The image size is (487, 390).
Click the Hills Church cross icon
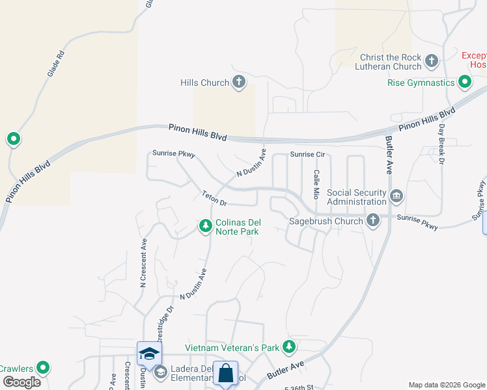tap(239, 83)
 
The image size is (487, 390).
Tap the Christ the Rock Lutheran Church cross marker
tap(431, 62)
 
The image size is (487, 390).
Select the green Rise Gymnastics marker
tap(464, 83)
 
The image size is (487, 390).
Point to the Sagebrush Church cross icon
tap(372, 221)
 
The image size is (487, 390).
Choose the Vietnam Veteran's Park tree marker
tap(290, 348)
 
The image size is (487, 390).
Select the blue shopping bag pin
tap(225, 374)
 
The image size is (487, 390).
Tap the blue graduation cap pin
tap(149, 354)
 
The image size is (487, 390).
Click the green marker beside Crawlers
tap(43, 369)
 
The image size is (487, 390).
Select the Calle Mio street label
tap(316, 184)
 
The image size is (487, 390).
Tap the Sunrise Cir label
tap(307, 155)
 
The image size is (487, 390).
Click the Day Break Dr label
tap(441, 143)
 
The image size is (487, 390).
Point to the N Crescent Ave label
tap(143, 263)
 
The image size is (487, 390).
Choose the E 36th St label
tap(299, 387)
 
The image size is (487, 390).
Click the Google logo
tap(21, 382)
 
